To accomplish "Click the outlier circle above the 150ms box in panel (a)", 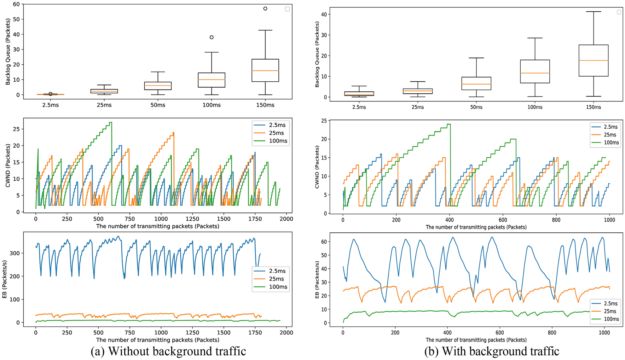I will (265, 9).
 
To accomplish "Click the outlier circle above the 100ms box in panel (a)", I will (211, 37).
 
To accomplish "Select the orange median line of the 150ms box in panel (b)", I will (593, 60).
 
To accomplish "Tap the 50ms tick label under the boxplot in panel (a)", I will (158, 105).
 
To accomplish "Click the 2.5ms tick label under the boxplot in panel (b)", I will (359, 107).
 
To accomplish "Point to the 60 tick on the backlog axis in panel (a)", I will (16, 4).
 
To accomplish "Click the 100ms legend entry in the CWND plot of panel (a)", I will (278, 141).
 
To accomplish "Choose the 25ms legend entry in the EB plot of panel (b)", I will (610, 311).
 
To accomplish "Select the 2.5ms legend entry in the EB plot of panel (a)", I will (277, 271).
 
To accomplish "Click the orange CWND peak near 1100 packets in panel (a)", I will (173, 133).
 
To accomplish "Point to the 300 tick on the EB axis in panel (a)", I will (14, 253).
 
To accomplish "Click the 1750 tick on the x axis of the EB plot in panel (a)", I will (255, 332).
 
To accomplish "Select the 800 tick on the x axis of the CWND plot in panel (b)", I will (556, 220).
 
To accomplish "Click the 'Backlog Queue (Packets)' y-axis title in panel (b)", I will (317, 54).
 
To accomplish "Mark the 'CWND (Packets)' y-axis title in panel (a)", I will (8, 165).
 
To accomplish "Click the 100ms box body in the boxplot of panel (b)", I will (535, 71).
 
